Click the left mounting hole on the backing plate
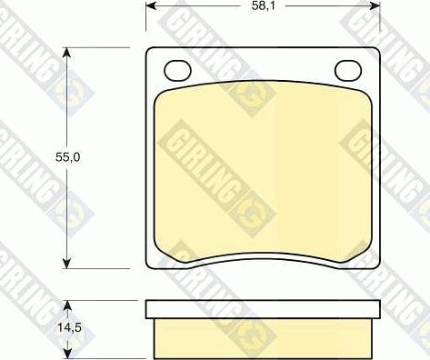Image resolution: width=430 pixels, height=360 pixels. pos(176,70)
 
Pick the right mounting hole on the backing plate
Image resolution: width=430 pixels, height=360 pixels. pos(347,70)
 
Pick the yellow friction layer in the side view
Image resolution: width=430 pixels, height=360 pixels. pos(262,337)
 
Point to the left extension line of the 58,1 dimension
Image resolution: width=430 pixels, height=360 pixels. pos(146,23)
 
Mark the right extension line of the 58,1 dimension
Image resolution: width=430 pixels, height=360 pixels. pos(379,23)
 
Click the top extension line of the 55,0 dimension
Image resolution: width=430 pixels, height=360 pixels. pos(100,47)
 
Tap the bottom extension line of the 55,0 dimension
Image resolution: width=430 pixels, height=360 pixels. pos(100,270)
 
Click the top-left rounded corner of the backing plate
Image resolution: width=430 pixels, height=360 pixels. pos(150,52)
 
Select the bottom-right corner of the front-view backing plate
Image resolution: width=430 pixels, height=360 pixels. pos(375,265)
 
